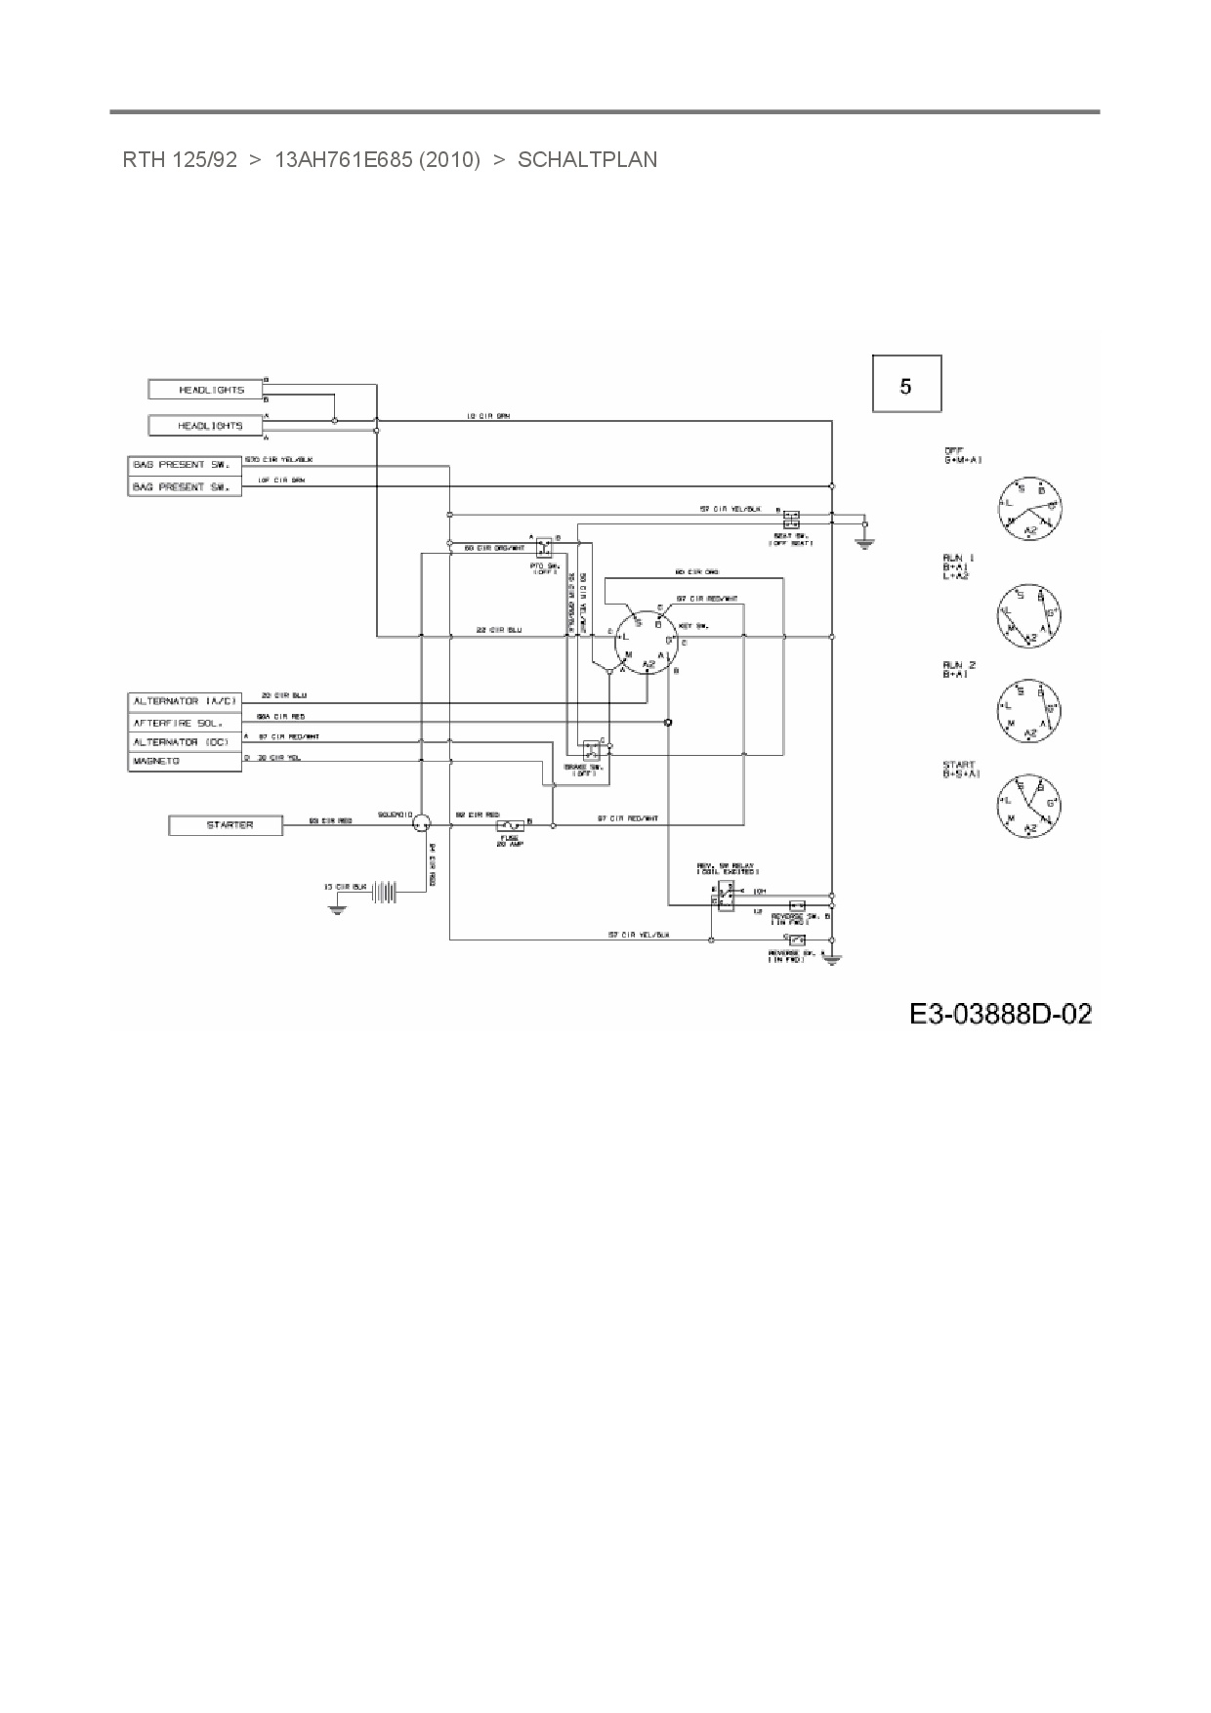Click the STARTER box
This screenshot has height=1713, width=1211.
[x=226, y=825]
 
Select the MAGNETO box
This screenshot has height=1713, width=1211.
[x=185, y=761]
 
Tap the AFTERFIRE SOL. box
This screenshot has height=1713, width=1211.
[x=185, y=723]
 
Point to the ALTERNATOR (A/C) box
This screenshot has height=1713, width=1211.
[x=185, y=701]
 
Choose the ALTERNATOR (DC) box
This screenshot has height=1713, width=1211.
[x=185, y=742]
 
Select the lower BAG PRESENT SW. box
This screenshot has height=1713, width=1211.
[x=185, y=486]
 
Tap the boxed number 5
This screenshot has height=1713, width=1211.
[x=906, y=385]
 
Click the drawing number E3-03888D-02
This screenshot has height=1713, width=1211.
[x=1000, y=1014]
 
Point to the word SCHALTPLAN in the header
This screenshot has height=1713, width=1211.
[x=587, y=159]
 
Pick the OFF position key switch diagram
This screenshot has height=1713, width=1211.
[x=1028, y=508]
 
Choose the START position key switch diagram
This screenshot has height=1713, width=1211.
[x=1028, y=805]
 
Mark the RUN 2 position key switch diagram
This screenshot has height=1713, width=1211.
[x=1028, y=709]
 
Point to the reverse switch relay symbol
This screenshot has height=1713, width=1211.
[x=725, y=895]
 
